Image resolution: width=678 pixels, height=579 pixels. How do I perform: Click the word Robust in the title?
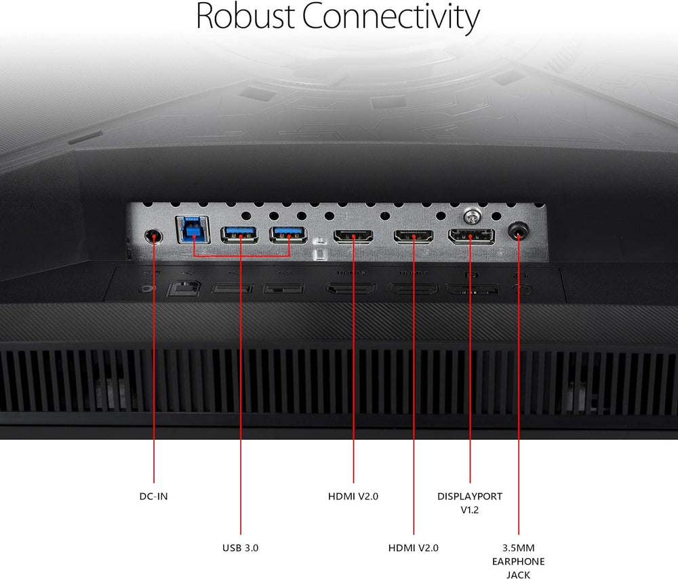tap(245, 16)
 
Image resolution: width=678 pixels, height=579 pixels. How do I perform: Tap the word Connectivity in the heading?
tap(391, 18)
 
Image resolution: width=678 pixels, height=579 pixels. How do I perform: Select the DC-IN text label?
tap(153, 496)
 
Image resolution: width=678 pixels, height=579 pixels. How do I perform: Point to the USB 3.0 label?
tap(241, 547)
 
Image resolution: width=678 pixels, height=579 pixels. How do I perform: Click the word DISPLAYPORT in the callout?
tap(470, 496)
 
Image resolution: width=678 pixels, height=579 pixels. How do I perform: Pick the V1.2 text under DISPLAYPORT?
tap(470, 510)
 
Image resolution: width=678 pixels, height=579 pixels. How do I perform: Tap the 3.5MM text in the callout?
tap(519, 547)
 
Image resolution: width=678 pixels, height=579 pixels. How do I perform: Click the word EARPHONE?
tap(519, 561)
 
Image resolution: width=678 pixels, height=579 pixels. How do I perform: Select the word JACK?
tap(519, 575)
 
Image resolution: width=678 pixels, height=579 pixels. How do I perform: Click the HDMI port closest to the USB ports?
tap(353, 237)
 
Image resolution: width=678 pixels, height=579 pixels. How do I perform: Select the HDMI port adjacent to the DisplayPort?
tap(414, 237)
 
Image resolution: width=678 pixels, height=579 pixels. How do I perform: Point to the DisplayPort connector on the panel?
tap(471, 237)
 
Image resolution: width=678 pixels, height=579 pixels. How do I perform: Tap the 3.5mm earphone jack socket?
tap(519, 232)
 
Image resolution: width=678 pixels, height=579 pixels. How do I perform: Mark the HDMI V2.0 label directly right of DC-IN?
tap(353, 496)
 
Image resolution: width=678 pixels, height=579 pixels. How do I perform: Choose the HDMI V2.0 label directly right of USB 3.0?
tap(414, 547)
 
